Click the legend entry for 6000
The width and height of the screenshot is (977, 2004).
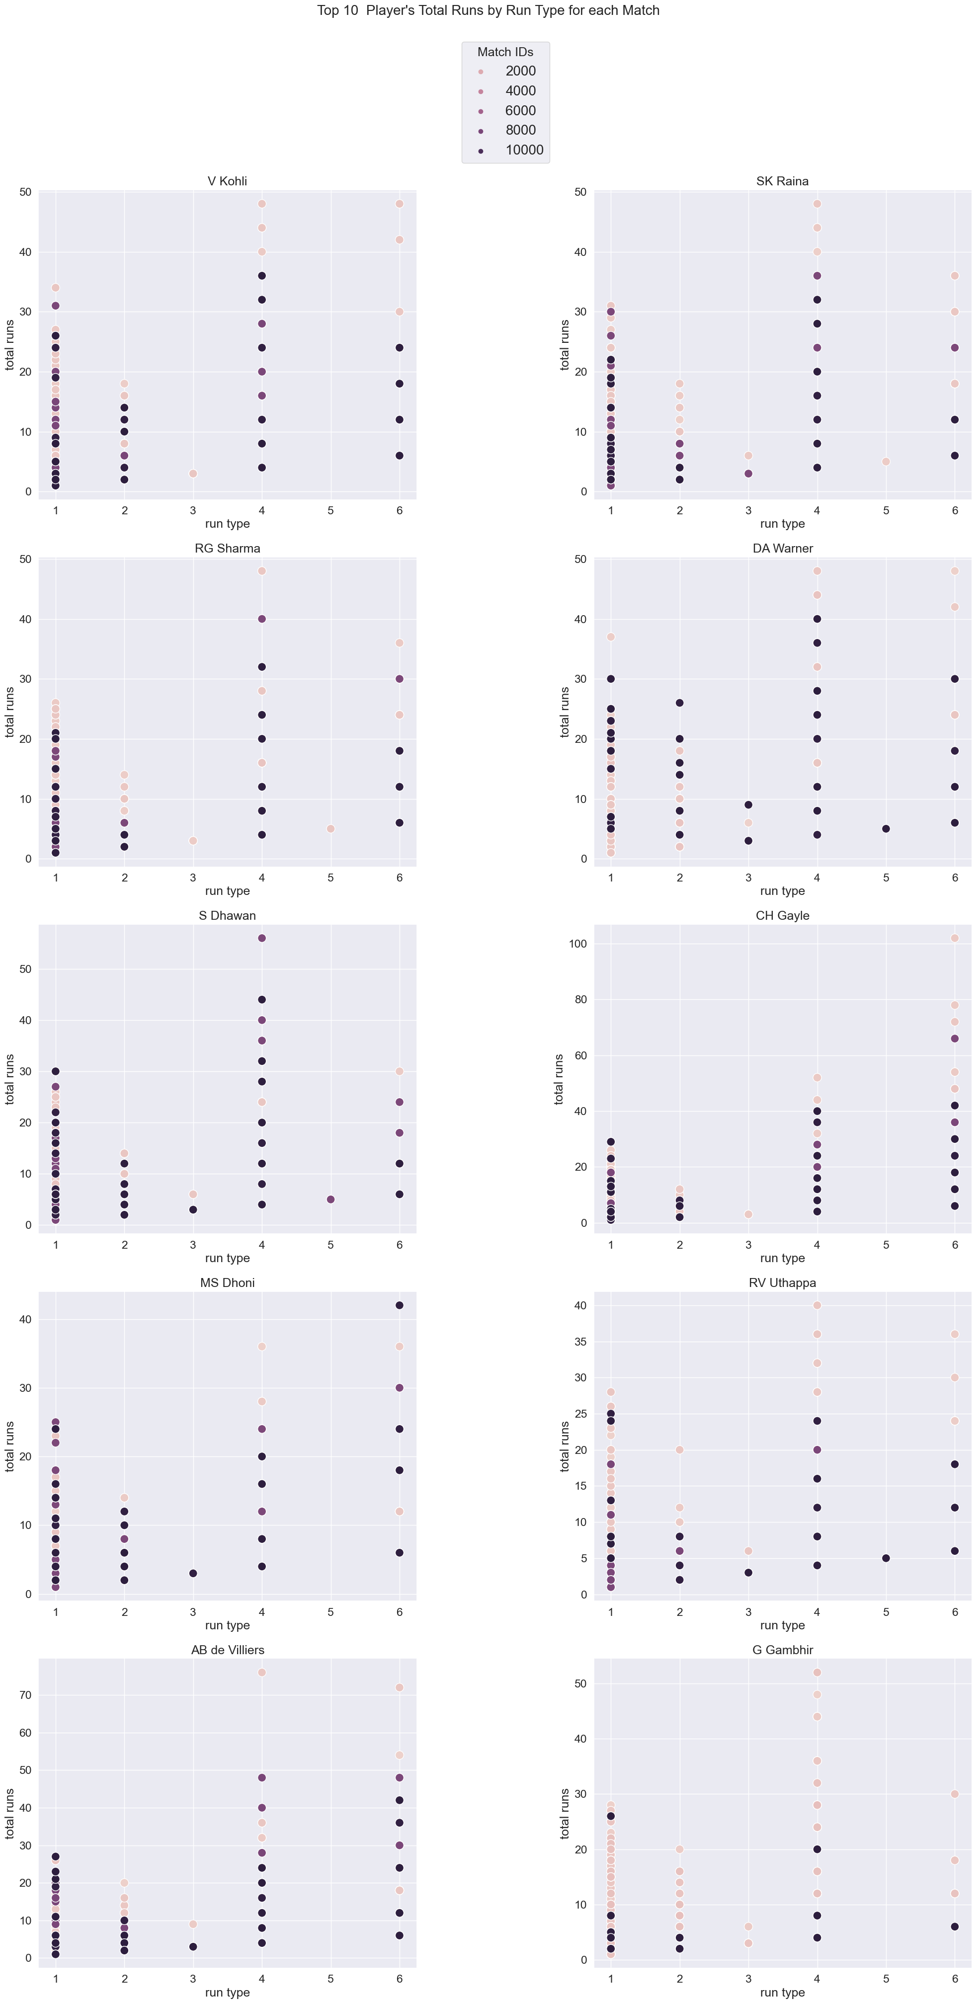click(520, 110)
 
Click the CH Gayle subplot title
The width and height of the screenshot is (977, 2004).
click(782, 916)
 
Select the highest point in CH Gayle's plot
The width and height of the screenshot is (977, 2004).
click(955, 938)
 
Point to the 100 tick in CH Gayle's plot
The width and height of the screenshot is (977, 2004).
click(576, 944)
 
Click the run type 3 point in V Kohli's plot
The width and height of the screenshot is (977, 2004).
click(193, 474)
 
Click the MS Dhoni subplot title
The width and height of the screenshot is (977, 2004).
click(227, 1283)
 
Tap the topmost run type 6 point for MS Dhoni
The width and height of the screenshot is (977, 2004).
click(399, 1305)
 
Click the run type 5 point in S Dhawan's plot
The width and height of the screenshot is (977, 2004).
click(330, 1200)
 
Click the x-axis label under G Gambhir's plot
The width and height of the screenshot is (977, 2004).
click(782, 1993)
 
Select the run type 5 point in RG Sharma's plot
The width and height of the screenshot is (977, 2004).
click(330, 828)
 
